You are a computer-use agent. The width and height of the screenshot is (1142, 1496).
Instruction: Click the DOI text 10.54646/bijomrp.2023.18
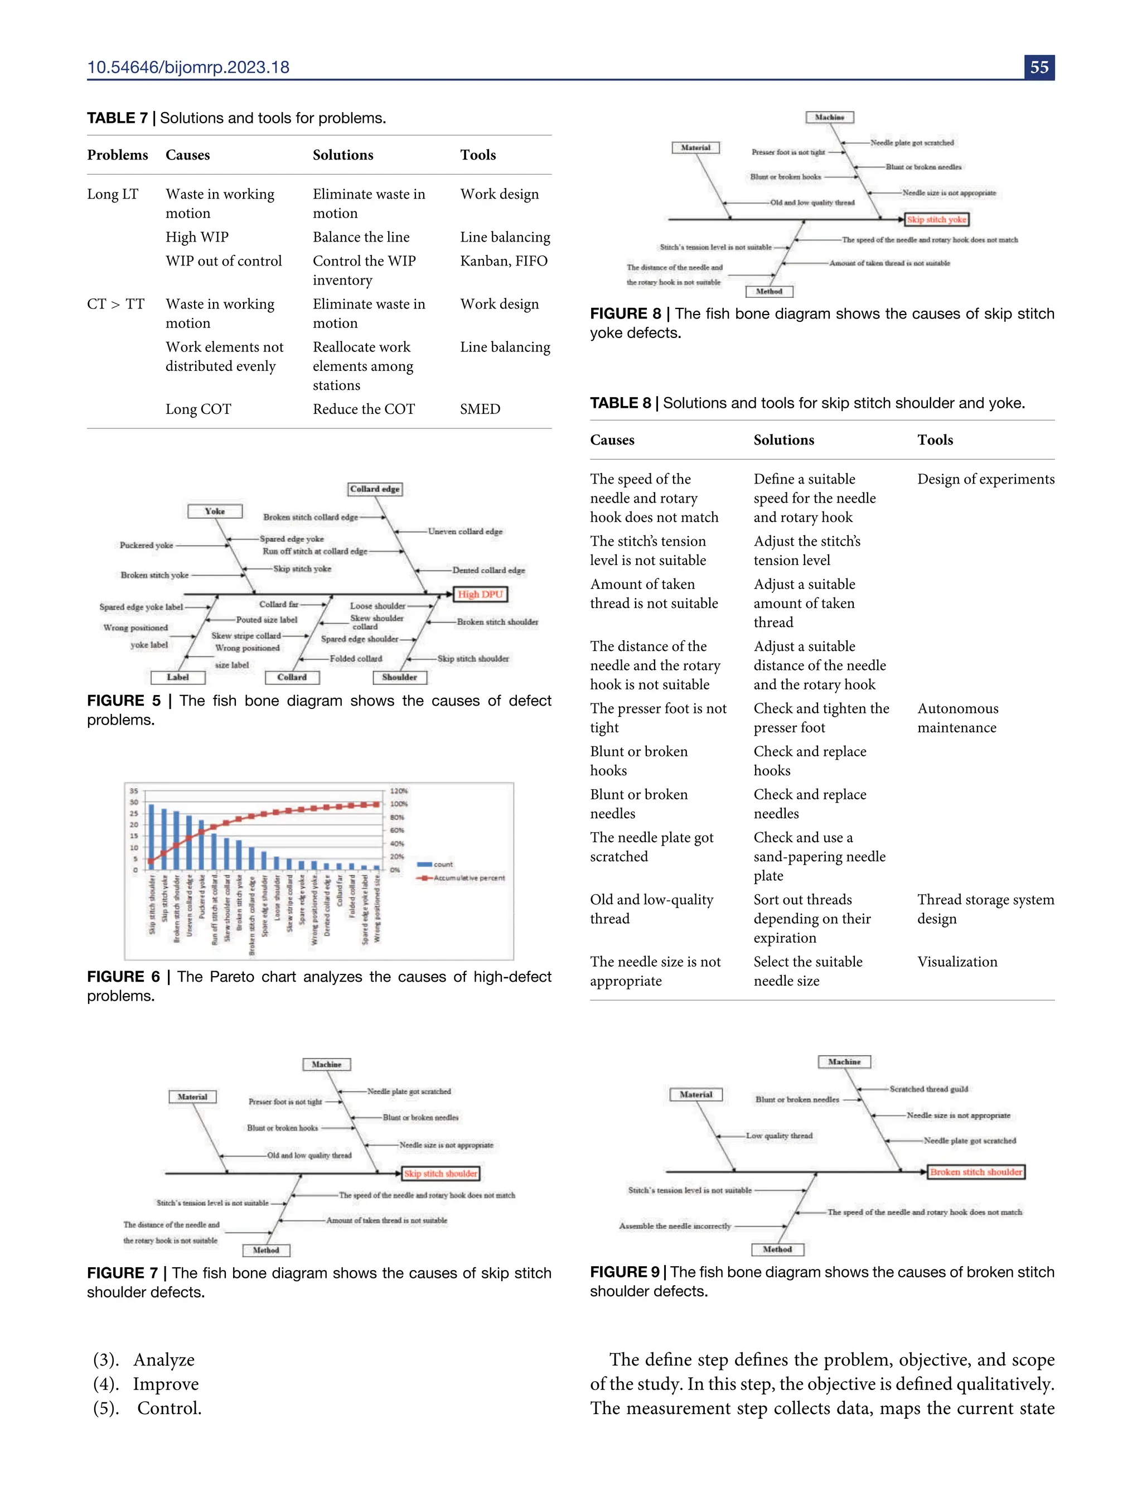(188, 67)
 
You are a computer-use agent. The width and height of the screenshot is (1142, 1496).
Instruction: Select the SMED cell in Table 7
(480, 409)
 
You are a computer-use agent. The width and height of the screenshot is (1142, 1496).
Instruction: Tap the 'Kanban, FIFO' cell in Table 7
(504, 260)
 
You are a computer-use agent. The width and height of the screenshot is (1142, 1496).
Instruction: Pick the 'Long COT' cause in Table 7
(199, 409)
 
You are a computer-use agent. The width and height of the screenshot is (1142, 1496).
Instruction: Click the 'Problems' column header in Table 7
(118, 155)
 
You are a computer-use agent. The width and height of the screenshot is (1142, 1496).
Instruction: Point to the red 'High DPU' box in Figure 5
(480, 594)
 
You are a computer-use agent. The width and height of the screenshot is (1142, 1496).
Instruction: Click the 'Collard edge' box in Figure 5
(375, 489)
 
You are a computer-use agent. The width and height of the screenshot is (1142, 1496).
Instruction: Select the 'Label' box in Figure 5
(177, 677)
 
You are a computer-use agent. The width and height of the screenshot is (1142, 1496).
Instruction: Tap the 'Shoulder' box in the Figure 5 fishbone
(400, 677)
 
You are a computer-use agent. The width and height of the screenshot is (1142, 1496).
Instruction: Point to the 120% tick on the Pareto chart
(399, 791)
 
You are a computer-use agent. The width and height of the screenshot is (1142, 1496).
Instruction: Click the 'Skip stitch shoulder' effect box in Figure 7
(441, 1173)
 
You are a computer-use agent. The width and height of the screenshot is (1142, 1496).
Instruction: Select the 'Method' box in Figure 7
(266, 1250)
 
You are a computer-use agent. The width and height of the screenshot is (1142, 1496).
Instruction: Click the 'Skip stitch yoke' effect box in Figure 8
(936, 220)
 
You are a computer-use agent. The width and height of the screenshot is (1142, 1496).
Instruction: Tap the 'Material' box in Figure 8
(695, 148)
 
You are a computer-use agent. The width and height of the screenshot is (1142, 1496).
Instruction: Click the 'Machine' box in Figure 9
(844, 1061)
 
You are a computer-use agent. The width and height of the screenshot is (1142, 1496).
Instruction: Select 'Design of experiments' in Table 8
(986, 479)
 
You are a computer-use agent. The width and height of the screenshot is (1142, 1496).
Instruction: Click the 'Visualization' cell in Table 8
(957, 962)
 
